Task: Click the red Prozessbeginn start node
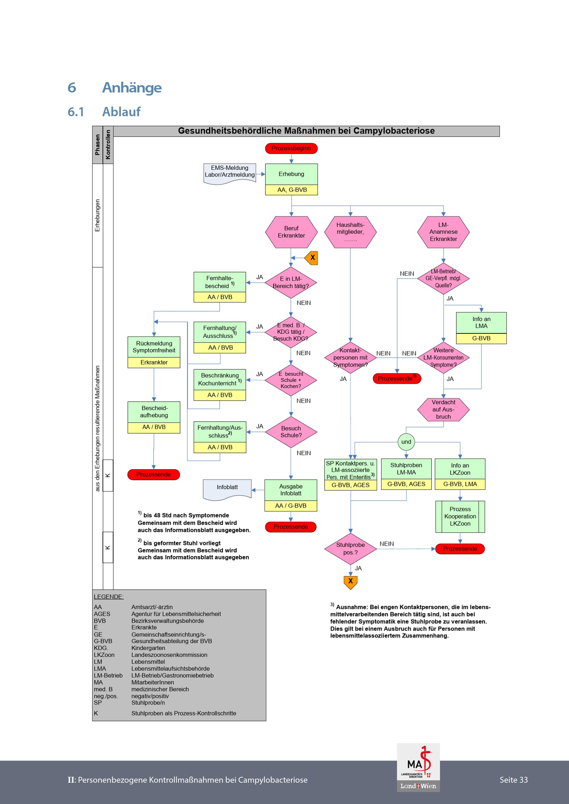click(291, 148)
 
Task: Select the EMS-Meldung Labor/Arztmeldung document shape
click(230, 173)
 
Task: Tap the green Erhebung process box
click(291, 174)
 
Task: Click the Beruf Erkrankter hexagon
click(291, 232)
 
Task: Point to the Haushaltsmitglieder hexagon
click(351, 232)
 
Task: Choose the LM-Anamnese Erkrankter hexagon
click(443, 232)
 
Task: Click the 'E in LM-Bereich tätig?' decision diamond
click(291, 282)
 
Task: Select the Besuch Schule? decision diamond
click(291, 432)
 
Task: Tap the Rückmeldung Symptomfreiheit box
click(154, 347)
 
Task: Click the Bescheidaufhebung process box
click(154, 412)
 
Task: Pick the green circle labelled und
click(406, 442)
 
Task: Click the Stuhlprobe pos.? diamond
click(351, 549)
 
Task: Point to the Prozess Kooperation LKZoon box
click(460, 517)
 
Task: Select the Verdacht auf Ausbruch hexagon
click(443, 409)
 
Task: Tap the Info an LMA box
click(481, 322)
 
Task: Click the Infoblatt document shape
click(227, 488)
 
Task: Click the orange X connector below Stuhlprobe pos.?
click(351, 581)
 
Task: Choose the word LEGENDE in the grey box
click(109, 597)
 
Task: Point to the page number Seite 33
click(513, 780)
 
